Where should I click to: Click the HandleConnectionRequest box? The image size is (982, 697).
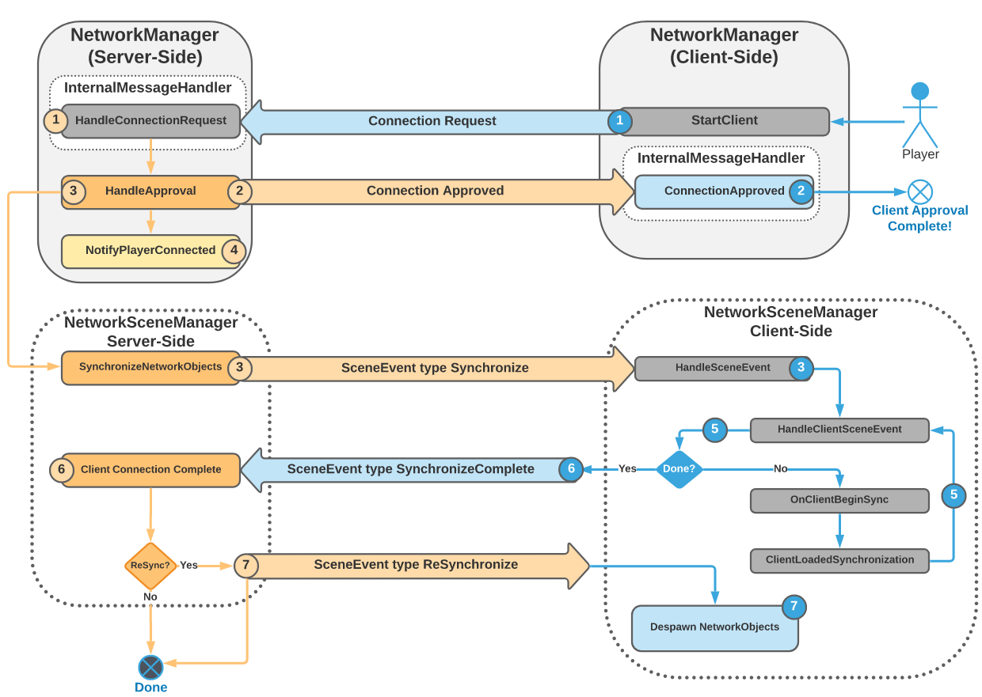pos(150,121)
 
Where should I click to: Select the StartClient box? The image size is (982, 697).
pos(724,121)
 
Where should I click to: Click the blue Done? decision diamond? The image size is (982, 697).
pos(679,469)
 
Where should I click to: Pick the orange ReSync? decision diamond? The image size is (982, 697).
pos(150,566)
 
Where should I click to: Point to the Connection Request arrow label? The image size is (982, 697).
pos(432,121)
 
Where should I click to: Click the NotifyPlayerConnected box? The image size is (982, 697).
pos(150,251)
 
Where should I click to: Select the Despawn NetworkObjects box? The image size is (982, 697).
pos(714,627)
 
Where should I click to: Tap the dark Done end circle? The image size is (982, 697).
pos(150,667)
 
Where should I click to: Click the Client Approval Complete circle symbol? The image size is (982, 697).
pos(919,191)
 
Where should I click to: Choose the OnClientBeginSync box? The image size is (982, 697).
pos(839,500)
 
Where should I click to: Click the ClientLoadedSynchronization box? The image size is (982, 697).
pos(839,560)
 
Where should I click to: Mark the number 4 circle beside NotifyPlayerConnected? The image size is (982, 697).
pos(234,251)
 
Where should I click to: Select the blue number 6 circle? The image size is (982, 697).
pos(571,469)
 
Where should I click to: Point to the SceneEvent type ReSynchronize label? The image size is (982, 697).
pos(416,565)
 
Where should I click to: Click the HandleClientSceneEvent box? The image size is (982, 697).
pos(839,430)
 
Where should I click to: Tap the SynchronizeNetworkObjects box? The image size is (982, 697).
pos(150,368)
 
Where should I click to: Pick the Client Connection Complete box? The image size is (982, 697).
pos(150,470)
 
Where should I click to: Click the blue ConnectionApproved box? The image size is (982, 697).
pos(724,191)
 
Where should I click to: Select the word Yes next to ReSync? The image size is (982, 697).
pos(188,566)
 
